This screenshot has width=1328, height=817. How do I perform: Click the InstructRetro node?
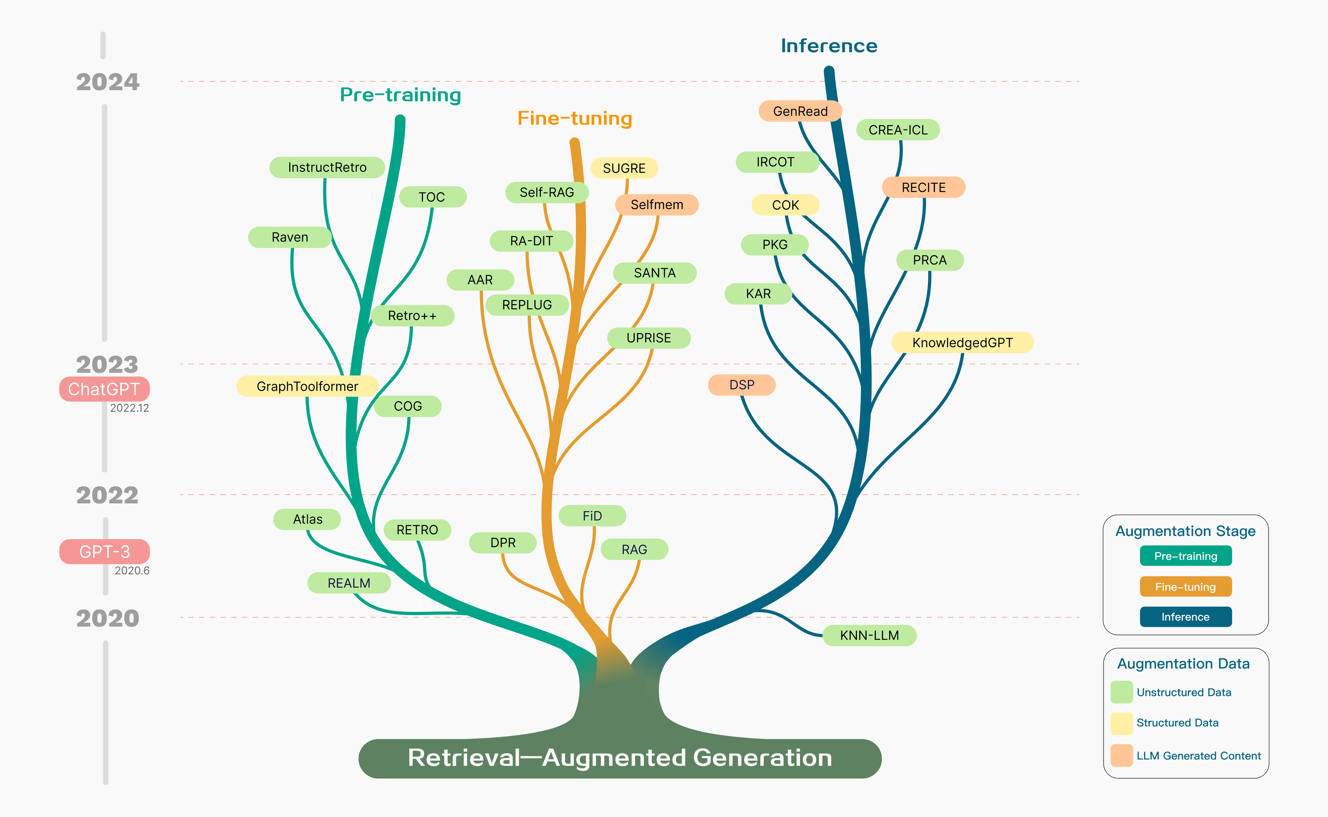[x=327, y=168]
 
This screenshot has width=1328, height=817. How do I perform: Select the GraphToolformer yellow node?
[x=307, y=386]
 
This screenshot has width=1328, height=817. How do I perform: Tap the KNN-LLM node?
[x=869, y=636]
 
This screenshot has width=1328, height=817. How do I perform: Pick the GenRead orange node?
[x=800, y=111]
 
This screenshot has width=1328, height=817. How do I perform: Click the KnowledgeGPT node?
[x=962, y=342]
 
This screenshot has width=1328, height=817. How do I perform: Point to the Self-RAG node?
[x=547, y=192]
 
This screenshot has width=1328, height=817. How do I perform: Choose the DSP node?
[x=741, y=385]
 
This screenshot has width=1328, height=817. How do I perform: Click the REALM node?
[x=349, y=583]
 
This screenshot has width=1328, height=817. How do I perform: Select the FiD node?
[x=592, y=516]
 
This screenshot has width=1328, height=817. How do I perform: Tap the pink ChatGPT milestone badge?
[x=104, y=389]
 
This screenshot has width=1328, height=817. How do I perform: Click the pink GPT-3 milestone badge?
[x=104, y=552]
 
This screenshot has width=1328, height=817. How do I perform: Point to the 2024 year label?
[x=108, y=82]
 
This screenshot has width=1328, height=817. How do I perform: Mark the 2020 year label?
[x=108, y=618]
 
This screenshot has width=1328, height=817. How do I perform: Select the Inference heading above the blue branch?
[x=829, y=46]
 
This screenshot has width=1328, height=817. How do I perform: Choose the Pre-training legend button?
[x=1185, y=556]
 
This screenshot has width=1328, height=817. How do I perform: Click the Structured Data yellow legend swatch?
[x=1122, y=723]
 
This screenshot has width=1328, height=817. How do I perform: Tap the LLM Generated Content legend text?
[x=1198, y=755]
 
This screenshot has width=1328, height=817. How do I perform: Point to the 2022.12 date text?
[x=129, y=408]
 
